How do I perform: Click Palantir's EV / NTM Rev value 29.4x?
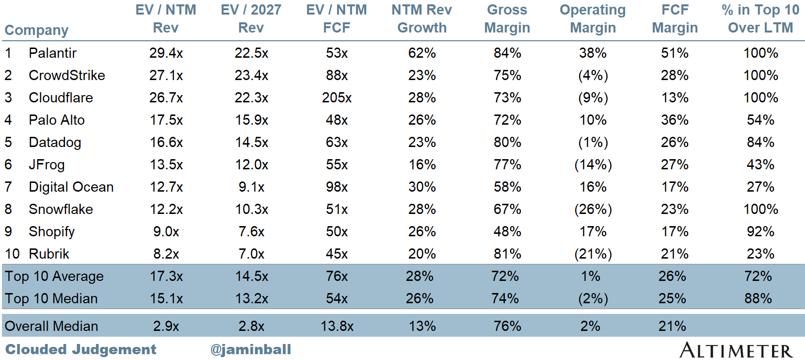pos(166,53)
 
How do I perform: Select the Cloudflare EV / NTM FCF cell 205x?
pos(337,98)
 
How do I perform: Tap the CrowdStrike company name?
pos(67,76)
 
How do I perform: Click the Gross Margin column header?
pos(507,19)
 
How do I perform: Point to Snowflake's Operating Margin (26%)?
pos(593,209)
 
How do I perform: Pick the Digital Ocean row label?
pos(71,187)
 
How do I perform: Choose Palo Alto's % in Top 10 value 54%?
pos(760,120)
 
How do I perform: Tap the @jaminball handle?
pos(251,350)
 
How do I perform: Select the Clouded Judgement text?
pos(81,350)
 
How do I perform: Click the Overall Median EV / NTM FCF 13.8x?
pos(337,326)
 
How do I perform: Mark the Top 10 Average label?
pos(54,276)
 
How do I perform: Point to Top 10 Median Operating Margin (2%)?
pos(593,298)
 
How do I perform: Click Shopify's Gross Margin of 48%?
pos(507,231)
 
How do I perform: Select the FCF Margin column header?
pos(675,19)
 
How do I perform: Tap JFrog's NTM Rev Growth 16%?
pos(422,164)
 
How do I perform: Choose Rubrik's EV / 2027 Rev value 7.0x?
pos(251,254)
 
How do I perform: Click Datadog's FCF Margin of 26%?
pos(675,143)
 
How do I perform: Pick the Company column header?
pos(36,30)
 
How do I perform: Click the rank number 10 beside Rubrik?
pos(12,254)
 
